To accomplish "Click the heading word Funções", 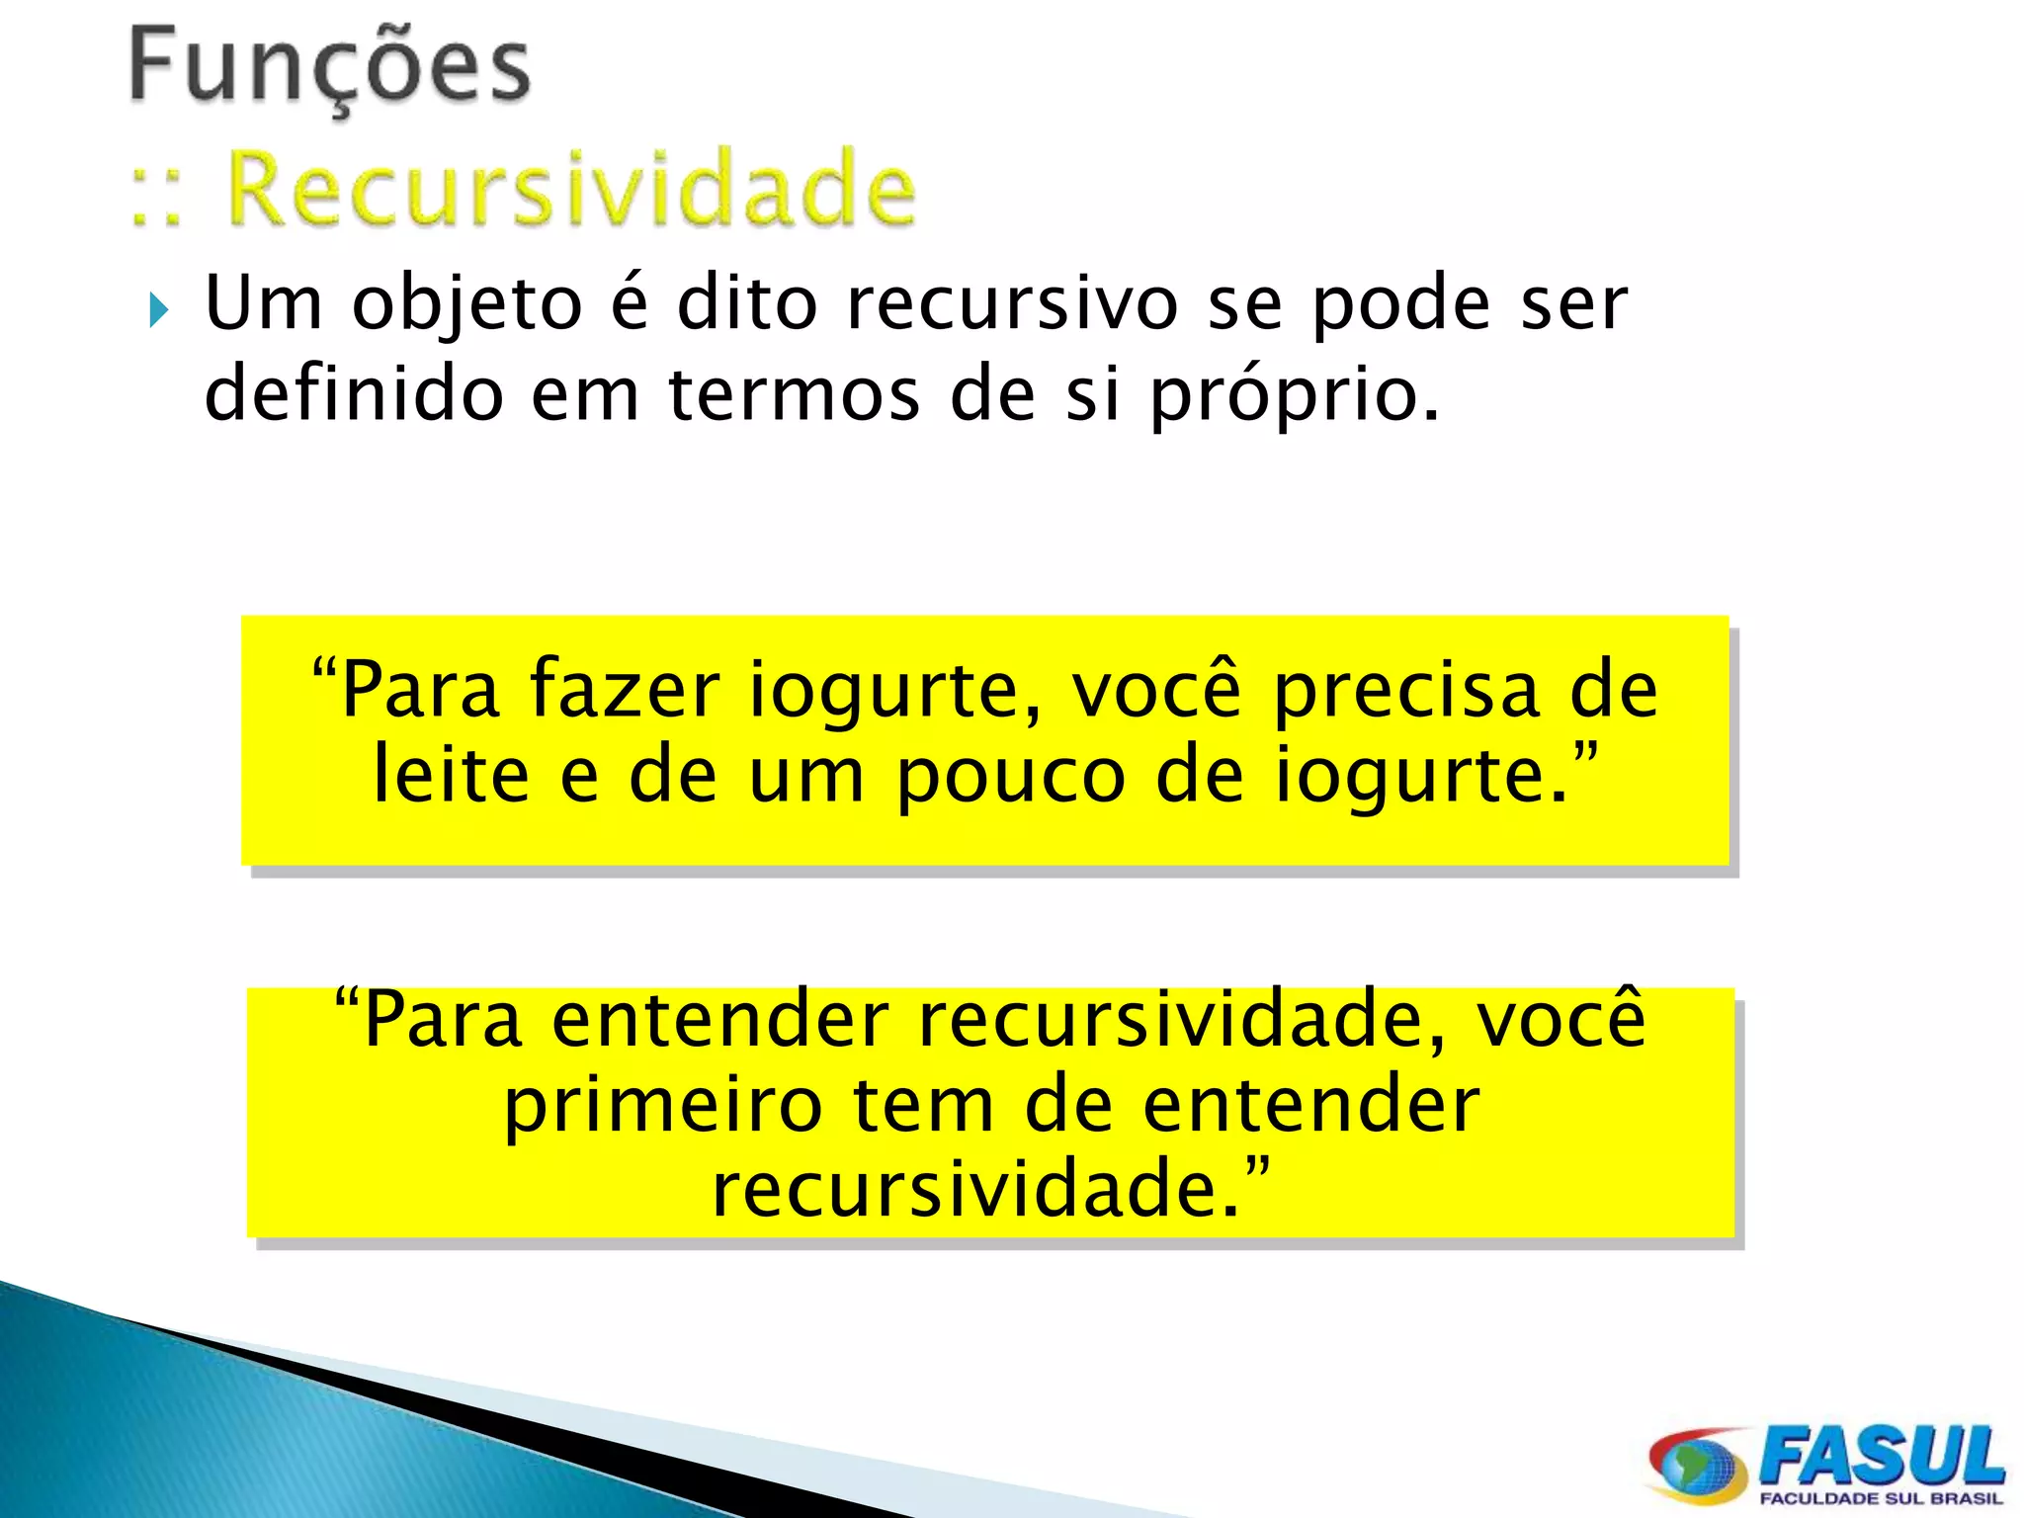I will [x=330, y=67].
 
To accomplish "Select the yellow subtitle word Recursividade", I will [x=571, y=188].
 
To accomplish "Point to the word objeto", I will [x=467, y=304].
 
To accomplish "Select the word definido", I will [x=353, y=393].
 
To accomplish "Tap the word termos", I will [x=794, y=393].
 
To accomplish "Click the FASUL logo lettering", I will [x=1883, y=1455].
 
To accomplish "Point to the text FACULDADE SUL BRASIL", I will [x=1881, y=1499].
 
